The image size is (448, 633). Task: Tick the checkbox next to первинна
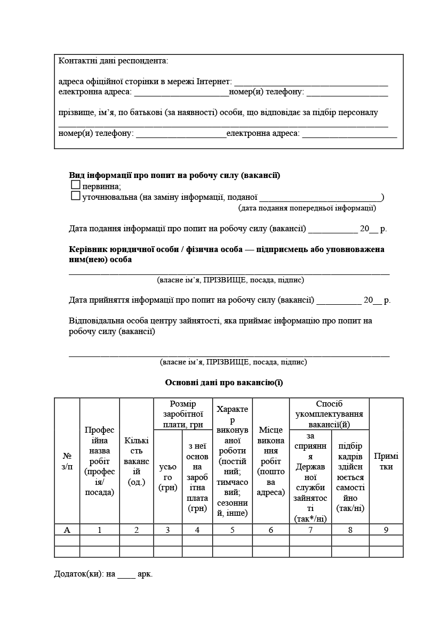click(x=75, y=185)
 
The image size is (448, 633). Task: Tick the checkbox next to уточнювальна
click(x=75, y=196)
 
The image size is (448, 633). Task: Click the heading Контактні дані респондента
click(x=113, y=61)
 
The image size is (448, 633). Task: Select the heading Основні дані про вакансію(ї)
click(x=224, y=383)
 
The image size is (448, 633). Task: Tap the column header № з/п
click(x=67, y=461)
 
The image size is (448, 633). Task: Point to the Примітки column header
click(x=386, y=461)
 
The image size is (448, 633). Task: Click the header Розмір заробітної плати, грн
click(x=183, y=413)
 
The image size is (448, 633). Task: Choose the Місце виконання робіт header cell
click(x=271, y=461)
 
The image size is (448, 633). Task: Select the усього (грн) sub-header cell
click(x=168, y=477)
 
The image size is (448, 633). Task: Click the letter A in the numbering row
click(x=67, y=530)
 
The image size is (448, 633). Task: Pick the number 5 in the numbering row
click(x=233, y=530)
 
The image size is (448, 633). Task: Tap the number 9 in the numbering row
click(x=386, y=530)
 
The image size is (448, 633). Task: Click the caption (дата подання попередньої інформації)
click(x=307, y=208)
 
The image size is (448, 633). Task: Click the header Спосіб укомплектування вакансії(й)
click(x=329, y=413)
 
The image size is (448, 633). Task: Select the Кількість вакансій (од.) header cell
click(x=137, y=461)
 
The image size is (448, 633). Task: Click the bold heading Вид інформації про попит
click(x=174, y=175)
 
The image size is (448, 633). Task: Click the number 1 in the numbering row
click(x=100, y=530)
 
